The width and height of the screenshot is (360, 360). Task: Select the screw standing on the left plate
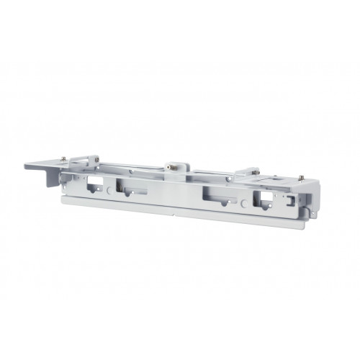click(x=64, y=161)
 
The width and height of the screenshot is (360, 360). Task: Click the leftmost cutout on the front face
click(x=94, y=183)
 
